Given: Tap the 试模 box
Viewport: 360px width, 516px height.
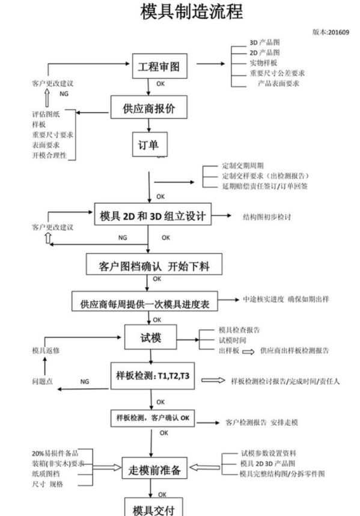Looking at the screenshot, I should pyautogui.click(x=148, y=336).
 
